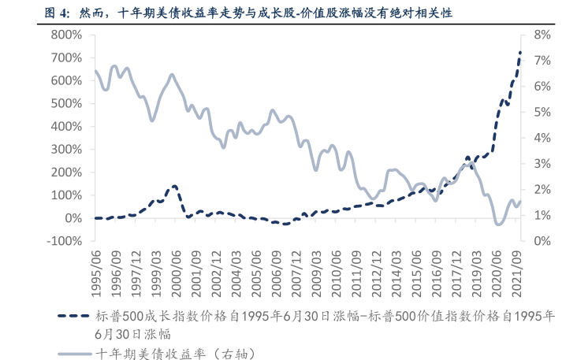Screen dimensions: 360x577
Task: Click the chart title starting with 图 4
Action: coord(236,13)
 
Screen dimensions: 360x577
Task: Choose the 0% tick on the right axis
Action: coord(541,241)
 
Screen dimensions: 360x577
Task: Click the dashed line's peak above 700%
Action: coord(519,53)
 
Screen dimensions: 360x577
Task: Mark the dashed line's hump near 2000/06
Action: coord(174,186)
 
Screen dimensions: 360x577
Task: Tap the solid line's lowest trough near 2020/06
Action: coord(498,224)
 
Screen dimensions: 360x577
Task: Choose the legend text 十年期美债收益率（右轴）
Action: coord(175,352)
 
